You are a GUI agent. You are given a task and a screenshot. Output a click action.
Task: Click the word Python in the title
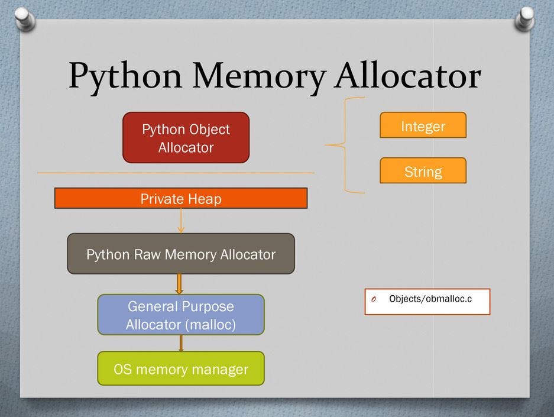click(x=125, y=76)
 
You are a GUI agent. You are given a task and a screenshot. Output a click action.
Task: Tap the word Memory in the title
click(x=259, y=76)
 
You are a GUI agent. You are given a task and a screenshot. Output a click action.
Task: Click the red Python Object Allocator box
click(x=186, y=137)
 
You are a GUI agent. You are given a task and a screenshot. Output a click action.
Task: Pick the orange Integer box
click(x=423, y=125)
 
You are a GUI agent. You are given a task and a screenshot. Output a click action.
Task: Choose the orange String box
click(x=423, y=170)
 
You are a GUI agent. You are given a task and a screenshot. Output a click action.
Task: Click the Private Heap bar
click(x=181, y=198)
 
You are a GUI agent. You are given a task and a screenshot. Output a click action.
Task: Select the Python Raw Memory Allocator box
click(x=181, y=254)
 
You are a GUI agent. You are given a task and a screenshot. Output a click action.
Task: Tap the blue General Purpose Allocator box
click(x=181, y=315)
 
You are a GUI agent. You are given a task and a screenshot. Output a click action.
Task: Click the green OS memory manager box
click(x=181, y=368)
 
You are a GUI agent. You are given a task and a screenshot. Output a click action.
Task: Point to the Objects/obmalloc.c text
click(x=430, y=299)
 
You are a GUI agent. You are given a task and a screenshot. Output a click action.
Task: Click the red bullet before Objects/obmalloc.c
click(x=374, y=300)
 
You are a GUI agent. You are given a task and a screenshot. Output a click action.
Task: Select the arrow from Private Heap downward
click(x=181, y=221)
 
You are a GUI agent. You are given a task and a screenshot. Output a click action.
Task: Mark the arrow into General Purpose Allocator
click(x=179, y=284)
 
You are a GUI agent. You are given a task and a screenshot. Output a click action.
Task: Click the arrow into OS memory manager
click(x=181, y=343)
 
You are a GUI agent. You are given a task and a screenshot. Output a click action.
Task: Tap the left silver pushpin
click(x=25, y=19)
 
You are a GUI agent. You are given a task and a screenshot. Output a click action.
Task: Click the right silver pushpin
click(x=525, y=19)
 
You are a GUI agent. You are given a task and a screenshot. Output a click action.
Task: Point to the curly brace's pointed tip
click(x=325, y=145)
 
